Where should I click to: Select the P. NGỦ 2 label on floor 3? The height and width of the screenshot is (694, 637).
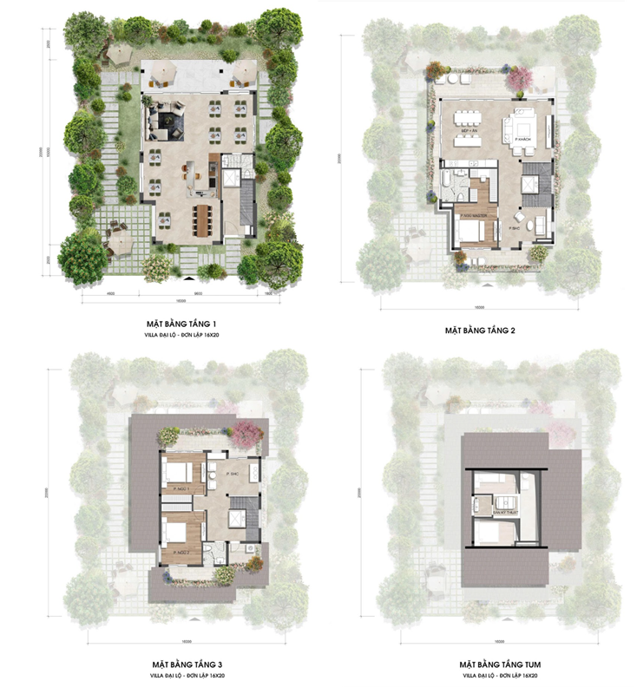(181, 552)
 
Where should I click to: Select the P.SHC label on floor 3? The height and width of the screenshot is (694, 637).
(233, 475)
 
